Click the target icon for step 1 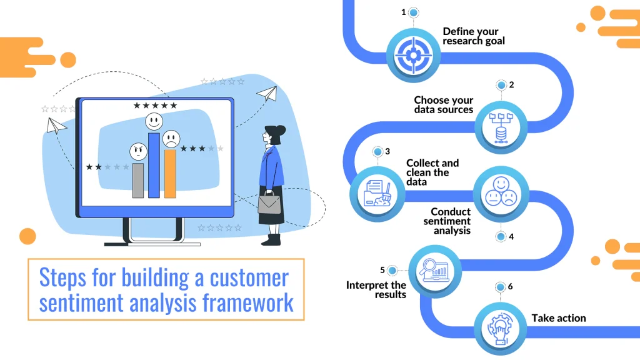click(x=414, y=55)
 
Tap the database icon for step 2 click(x=501, y=127)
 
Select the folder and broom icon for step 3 click(x=377, y=194)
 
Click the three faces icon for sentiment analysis click(x=501, y=191)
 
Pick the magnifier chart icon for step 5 click(x=435, y=270)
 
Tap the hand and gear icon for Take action click(x=500, y=329)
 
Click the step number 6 click(x=510, y=286)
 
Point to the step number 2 click(x=511, y=85)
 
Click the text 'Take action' click(x=558, y=318)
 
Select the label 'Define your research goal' click(x=474, y=36)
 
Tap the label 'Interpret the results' click(x=376, y=290)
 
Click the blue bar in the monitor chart click(x=154, y=165)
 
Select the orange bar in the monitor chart click(x=170, y=174)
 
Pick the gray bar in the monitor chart click(x=138, y=181)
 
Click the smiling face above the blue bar click(x=154, y=121)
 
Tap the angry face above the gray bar click(x=138, y=152)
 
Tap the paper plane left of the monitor click(x=56, y=126)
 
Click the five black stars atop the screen click(x=155, y=105)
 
